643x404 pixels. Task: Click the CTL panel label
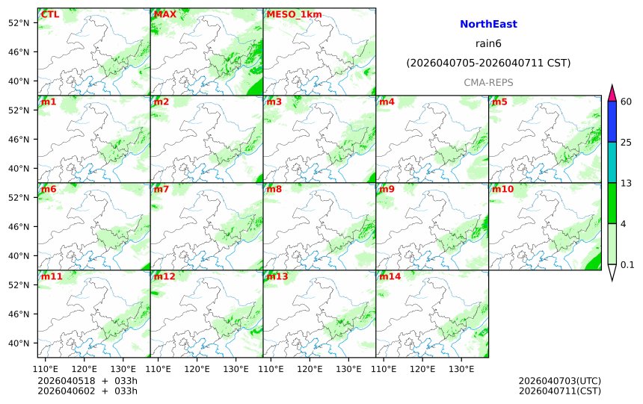(50, 14)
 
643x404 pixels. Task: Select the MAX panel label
(164, 14)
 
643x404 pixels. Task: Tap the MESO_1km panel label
(288, 14)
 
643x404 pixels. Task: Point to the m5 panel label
(499, 102)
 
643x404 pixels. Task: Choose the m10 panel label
(502, 189)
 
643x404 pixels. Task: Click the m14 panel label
(390, 276)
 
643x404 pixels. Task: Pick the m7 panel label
(161, 189)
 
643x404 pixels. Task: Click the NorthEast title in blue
(488, 24)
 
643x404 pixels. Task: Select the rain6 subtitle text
(488, 43)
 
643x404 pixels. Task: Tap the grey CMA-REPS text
(488, 82)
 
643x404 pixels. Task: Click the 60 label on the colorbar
(627, 102)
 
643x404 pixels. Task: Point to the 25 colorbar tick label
(627, 142)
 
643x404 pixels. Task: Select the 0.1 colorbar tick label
(627, 264)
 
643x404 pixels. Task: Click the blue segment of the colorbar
(612, 122)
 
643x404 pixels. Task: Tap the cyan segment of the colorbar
(612, 162)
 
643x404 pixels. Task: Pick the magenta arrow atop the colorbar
(612, 93)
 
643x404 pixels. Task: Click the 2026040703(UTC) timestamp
(559, 381)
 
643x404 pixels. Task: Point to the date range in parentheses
(488, 63)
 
